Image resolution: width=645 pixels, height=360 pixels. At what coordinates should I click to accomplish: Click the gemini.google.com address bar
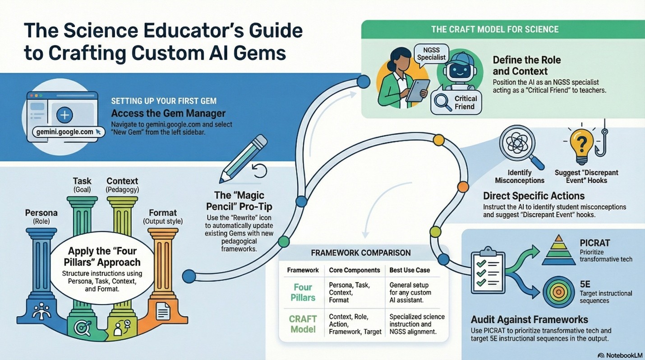65,132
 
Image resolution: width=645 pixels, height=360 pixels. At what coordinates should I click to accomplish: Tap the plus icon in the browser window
64,115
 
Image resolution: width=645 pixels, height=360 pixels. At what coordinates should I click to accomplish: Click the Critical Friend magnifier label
456,102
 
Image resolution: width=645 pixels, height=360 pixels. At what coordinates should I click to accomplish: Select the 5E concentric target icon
558,292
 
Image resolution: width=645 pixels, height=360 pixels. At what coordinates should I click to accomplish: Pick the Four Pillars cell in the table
303,292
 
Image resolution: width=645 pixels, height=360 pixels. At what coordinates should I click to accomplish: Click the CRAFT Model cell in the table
303,324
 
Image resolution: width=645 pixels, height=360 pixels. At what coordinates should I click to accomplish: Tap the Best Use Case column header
410,270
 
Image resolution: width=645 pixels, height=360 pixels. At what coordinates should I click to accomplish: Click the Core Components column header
354,270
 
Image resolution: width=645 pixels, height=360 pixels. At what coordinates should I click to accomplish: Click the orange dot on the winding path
463,186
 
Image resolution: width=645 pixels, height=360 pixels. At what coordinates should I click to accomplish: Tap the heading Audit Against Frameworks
529,320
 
